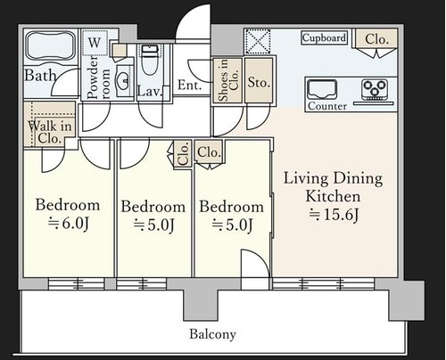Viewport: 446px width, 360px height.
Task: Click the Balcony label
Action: [x=212, y=334]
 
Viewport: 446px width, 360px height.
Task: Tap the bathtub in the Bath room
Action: [x=51, y=45]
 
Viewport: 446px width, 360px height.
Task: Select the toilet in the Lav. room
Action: [x=149, y=60]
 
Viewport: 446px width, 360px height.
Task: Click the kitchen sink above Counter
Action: [x=322, y=90]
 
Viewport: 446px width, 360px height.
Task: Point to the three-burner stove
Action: [x=375, y=89]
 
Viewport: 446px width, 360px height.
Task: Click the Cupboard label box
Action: [x=324, y=38]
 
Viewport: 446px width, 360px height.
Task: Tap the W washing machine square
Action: [x=95, y=43]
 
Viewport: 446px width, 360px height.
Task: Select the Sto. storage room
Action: [x=259, y=81]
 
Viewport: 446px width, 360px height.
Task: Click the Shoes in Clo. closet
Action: [x=227, y=81]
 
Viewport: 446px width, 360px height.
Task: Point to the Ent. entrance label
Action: [x=189, y=86]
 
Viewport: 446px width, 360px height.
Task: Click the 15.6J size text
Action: [x=334, y=215]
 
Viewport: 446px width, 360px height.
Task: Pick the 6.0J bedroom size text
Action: [x=68, y=224]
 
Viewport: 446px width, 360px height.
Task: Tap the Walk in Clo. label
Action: [x=50, y=132]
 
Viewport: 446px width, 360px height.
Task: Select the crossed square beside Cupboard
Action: [x=258, y=42]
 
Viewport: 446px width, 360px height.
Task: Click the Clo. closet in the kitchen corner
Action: [x=376, y=39]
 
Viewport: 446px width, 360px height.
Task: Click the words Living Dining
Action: [x=333, y=179]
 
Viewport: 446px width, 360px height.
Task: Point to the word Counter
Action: [x=327, y=106]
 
